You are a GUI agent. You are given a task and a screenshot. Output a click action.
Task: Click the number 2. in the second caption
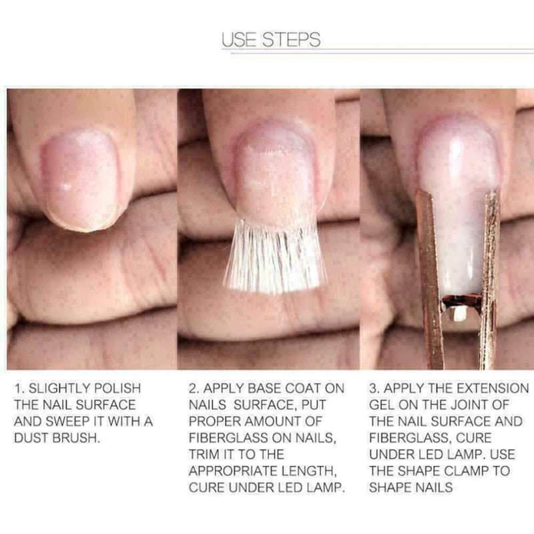(x=195, y=388)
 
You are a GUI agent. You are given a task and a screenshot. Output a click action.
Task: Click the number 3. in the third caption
(x=374, y=388)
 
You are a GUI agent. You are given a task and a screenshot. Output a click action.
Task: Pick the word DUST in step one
(x=33, y=438)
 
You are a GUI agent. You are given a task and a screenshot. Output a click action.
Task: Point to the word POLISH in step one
(x=116, y=388)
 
